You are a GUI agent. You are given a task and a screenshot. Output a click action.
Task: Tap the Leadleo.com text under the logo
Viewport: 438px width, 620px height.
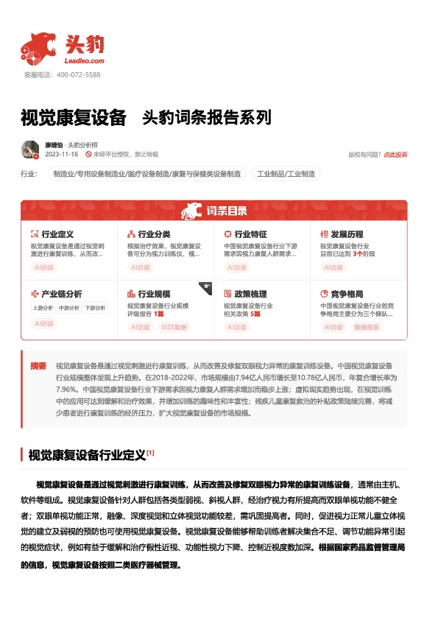point(85,61)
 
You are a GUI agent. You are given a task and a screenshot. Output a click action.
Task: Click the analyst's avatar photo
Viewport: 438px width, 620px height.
point(30,149)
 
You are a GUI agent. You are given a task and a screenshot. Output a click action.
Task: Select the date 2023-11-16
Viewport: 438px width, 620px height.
point(62,155)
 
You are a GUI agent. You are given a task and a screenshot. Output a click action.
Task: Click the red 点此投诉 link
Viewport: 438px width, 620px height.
point(395,155)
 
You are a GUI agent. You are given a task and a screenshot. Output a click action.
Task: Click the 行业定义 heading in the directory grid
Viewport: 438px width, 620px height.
point(57,234)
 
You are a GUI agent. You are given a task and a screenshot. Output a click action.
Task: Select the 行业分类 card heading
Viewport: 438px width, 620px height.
point(154,234)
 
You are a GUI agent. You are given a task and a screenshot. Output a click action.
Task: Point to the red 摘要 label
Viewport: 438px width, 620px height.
point(38,366)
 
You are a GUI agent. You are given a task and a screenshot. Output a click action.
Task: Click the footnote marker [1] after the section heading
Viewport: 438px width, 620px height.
point(149,452)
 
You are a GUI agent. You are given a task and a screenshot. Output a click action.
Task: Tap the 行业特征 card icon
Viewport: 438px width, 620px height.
point(228,234)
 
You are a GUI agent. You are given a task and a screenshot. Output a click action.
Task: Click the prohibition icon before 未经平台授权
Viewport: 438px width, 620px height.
point(88,155)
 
